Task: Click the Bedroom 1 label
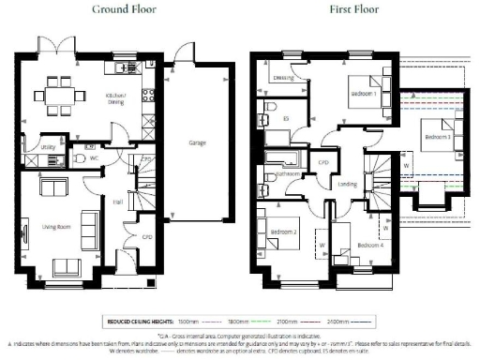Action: tap(364, 96)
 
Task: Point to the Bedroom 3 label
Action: tap(437, 137)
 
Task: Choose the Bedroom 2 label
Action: tap(283, 232)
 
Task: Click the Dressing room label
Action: tap(284, 77)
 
